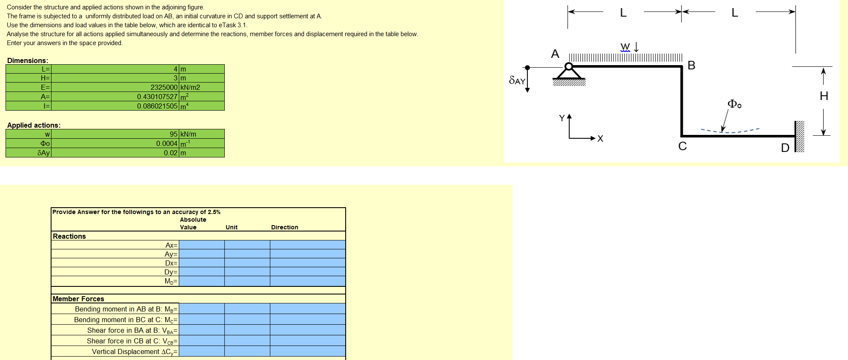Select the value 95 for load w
173,134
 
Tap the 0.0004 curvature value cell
166,143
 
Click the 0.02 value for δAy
170,153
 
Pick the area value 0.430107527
157,97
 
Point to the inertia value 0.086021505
157,106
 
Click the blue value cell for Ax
202,245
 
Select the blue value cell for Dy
202,272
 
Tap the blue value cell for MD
202,281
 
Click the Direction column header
284,227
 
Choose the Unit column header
232,227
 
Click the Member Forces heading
78,299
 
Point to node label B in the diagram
691,65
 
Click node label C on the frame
682,146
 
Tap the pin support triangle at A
569,73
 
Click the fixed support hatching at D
800,136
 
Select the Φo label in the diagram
734,104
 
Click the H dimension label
824,96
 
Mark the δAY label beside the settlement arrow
517,80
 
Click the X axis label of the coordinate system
600,138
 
